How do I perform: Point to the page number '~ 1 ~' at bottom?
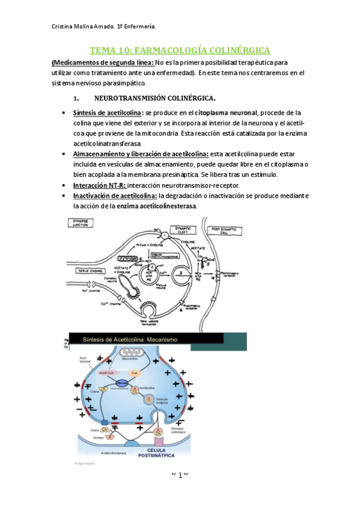pos(180,475)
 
